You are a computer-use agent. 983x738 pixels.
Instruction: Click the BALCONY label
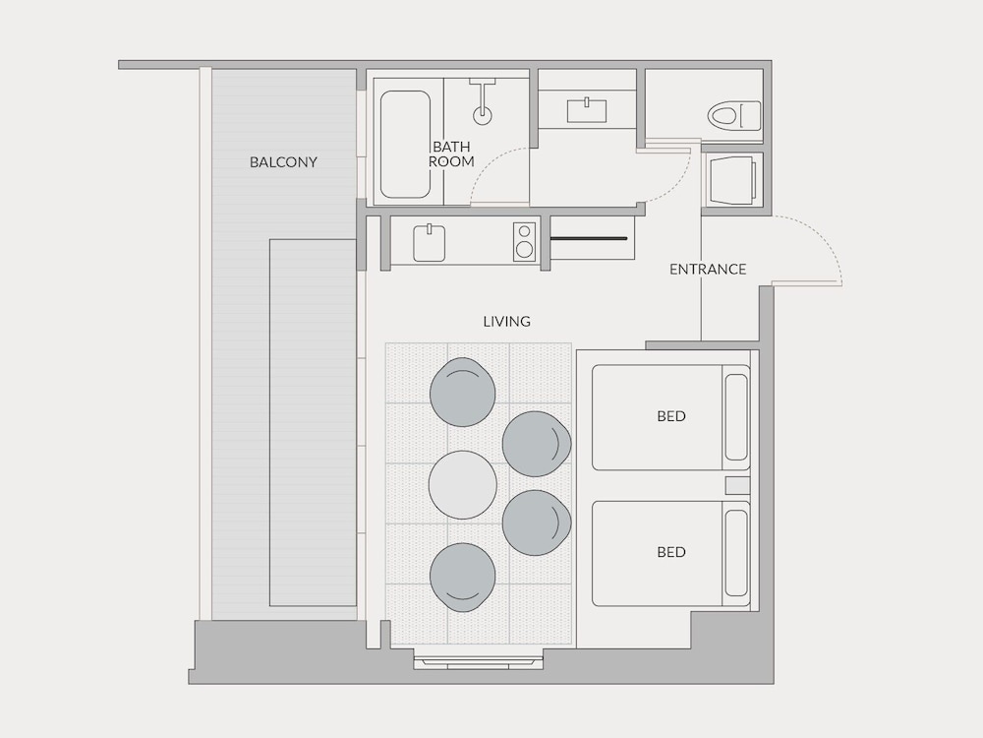pos(283,162)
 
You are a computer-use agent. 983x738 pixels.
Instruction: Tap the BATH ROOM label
pos(451,154)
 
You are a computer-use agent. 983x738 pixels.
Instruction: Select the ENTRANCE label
pos(708,270)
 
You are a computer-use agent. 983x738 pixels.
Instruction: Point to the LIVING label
pos(506,322)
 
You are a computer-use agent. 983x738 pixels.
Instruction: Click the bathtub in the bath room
pos(405,145)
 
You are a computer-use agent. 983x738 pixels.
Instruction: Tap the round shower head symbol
pos(482,115)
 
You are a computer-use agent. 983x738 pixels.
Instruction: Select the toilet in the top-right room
pos(734,116)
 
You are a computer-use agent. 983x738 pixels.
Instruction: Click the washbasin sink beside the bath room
pos(587,110)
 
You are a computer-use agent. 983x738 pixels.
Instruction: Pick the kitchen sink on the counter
pos(430,243)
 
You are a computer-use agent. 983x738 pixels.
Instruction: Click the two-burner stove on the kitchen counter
pos(525,241)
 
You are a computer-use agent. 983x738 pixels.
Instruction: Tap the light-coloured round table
pos(463,484)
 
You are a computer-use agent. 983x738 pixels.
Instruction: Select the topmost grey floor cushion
pos(463,392)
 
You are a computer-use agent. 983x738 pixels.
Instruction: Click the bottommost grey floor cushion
pos(463,578)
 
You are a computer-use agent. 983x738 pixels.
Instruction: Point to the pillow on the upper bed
pos(736,417)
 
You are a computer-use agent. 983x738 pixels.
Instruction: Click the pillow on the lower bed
pos(736,553)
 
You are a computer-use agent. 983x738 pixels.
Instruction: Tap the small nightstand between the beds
pos(738,486)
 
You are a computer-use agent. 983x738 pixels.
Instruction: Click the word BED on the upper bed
pos(670,416)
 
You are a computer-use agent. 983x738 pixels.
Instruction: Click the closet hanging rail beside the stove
pos(589,238)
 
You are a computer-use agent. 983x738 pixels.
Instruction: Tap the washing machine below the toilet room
pos(731,180)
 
